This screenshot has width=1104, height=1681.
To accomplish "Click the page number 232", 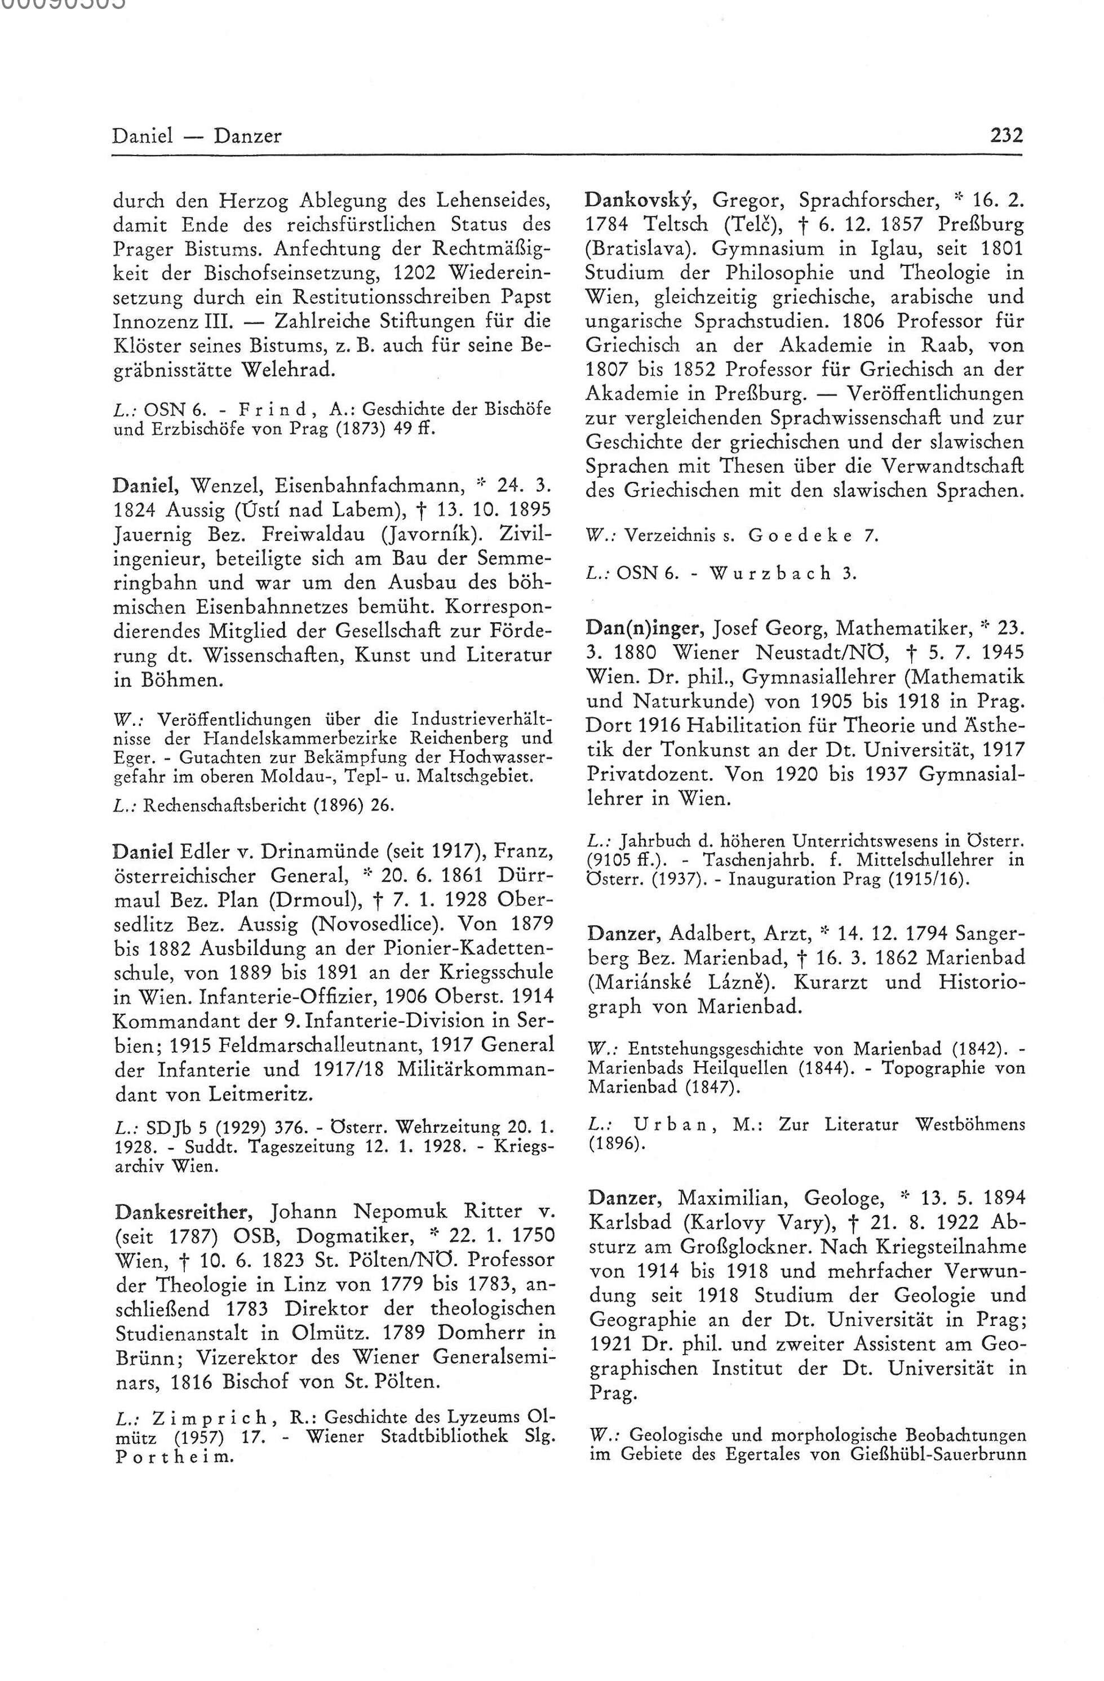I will click(1007, 135).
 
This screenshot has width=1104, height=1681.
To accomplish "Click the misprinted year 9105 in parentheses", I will click(607, 861).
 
